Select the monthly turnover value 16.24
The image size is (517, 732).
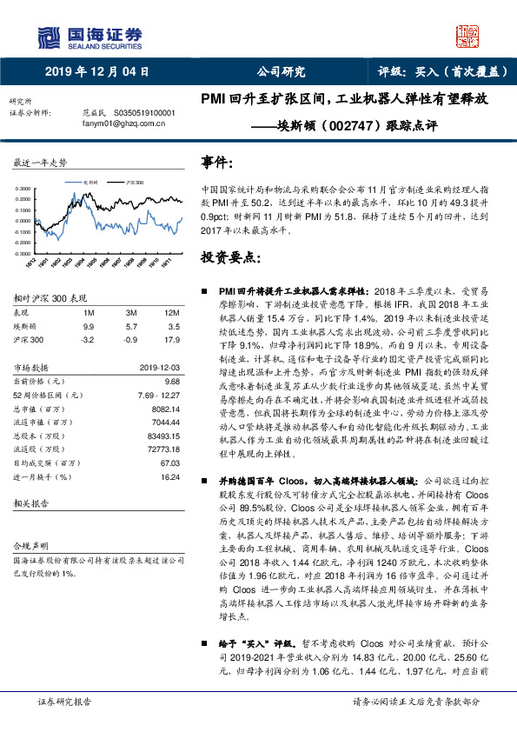pos(169,477)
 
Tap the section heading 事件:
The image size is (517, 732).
pos(217,163)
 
